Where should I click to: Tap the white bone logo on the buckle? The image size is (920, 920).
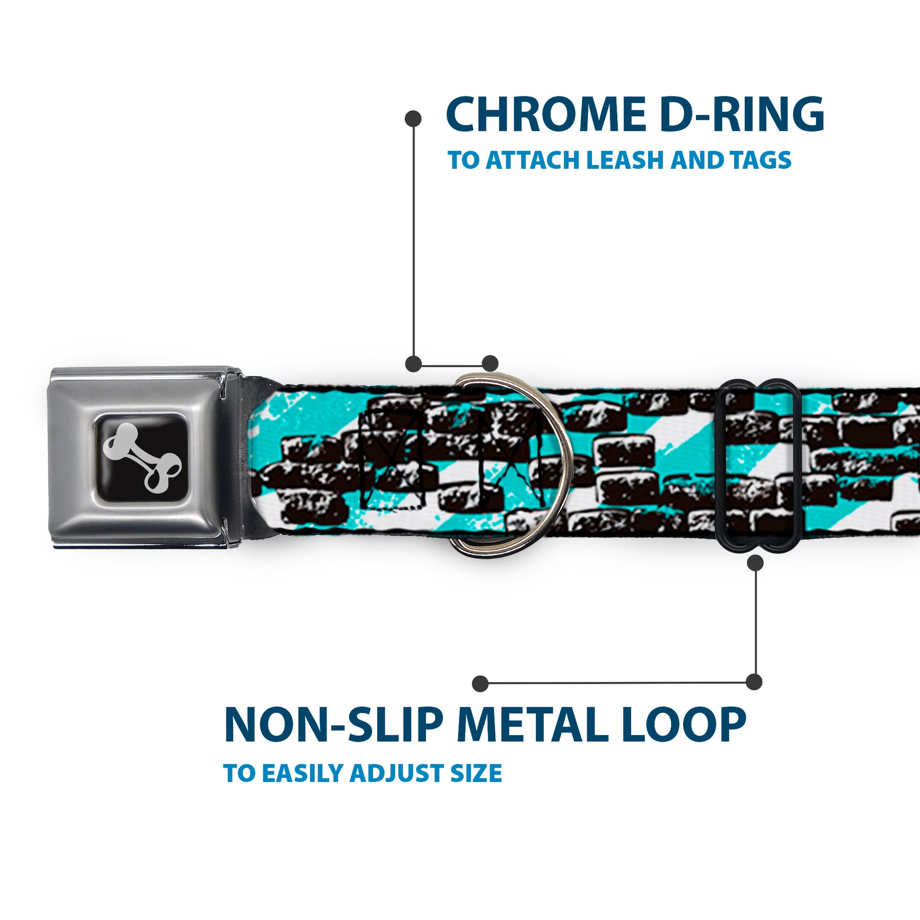[x=142, y=457]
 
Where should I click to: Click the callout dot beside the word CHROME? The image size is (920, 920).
[x=413, y=119]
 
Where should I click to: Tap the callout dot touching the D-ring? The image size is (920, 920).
[x=490, y=363]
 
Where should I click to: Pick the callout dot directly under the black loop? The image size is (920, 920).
[x=755, y=564]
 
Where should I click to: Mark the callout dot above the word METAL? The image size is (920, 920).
[x=480, y=683]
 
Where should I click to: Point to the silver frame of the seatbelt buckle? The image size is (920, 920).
[x=71, y=457]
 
